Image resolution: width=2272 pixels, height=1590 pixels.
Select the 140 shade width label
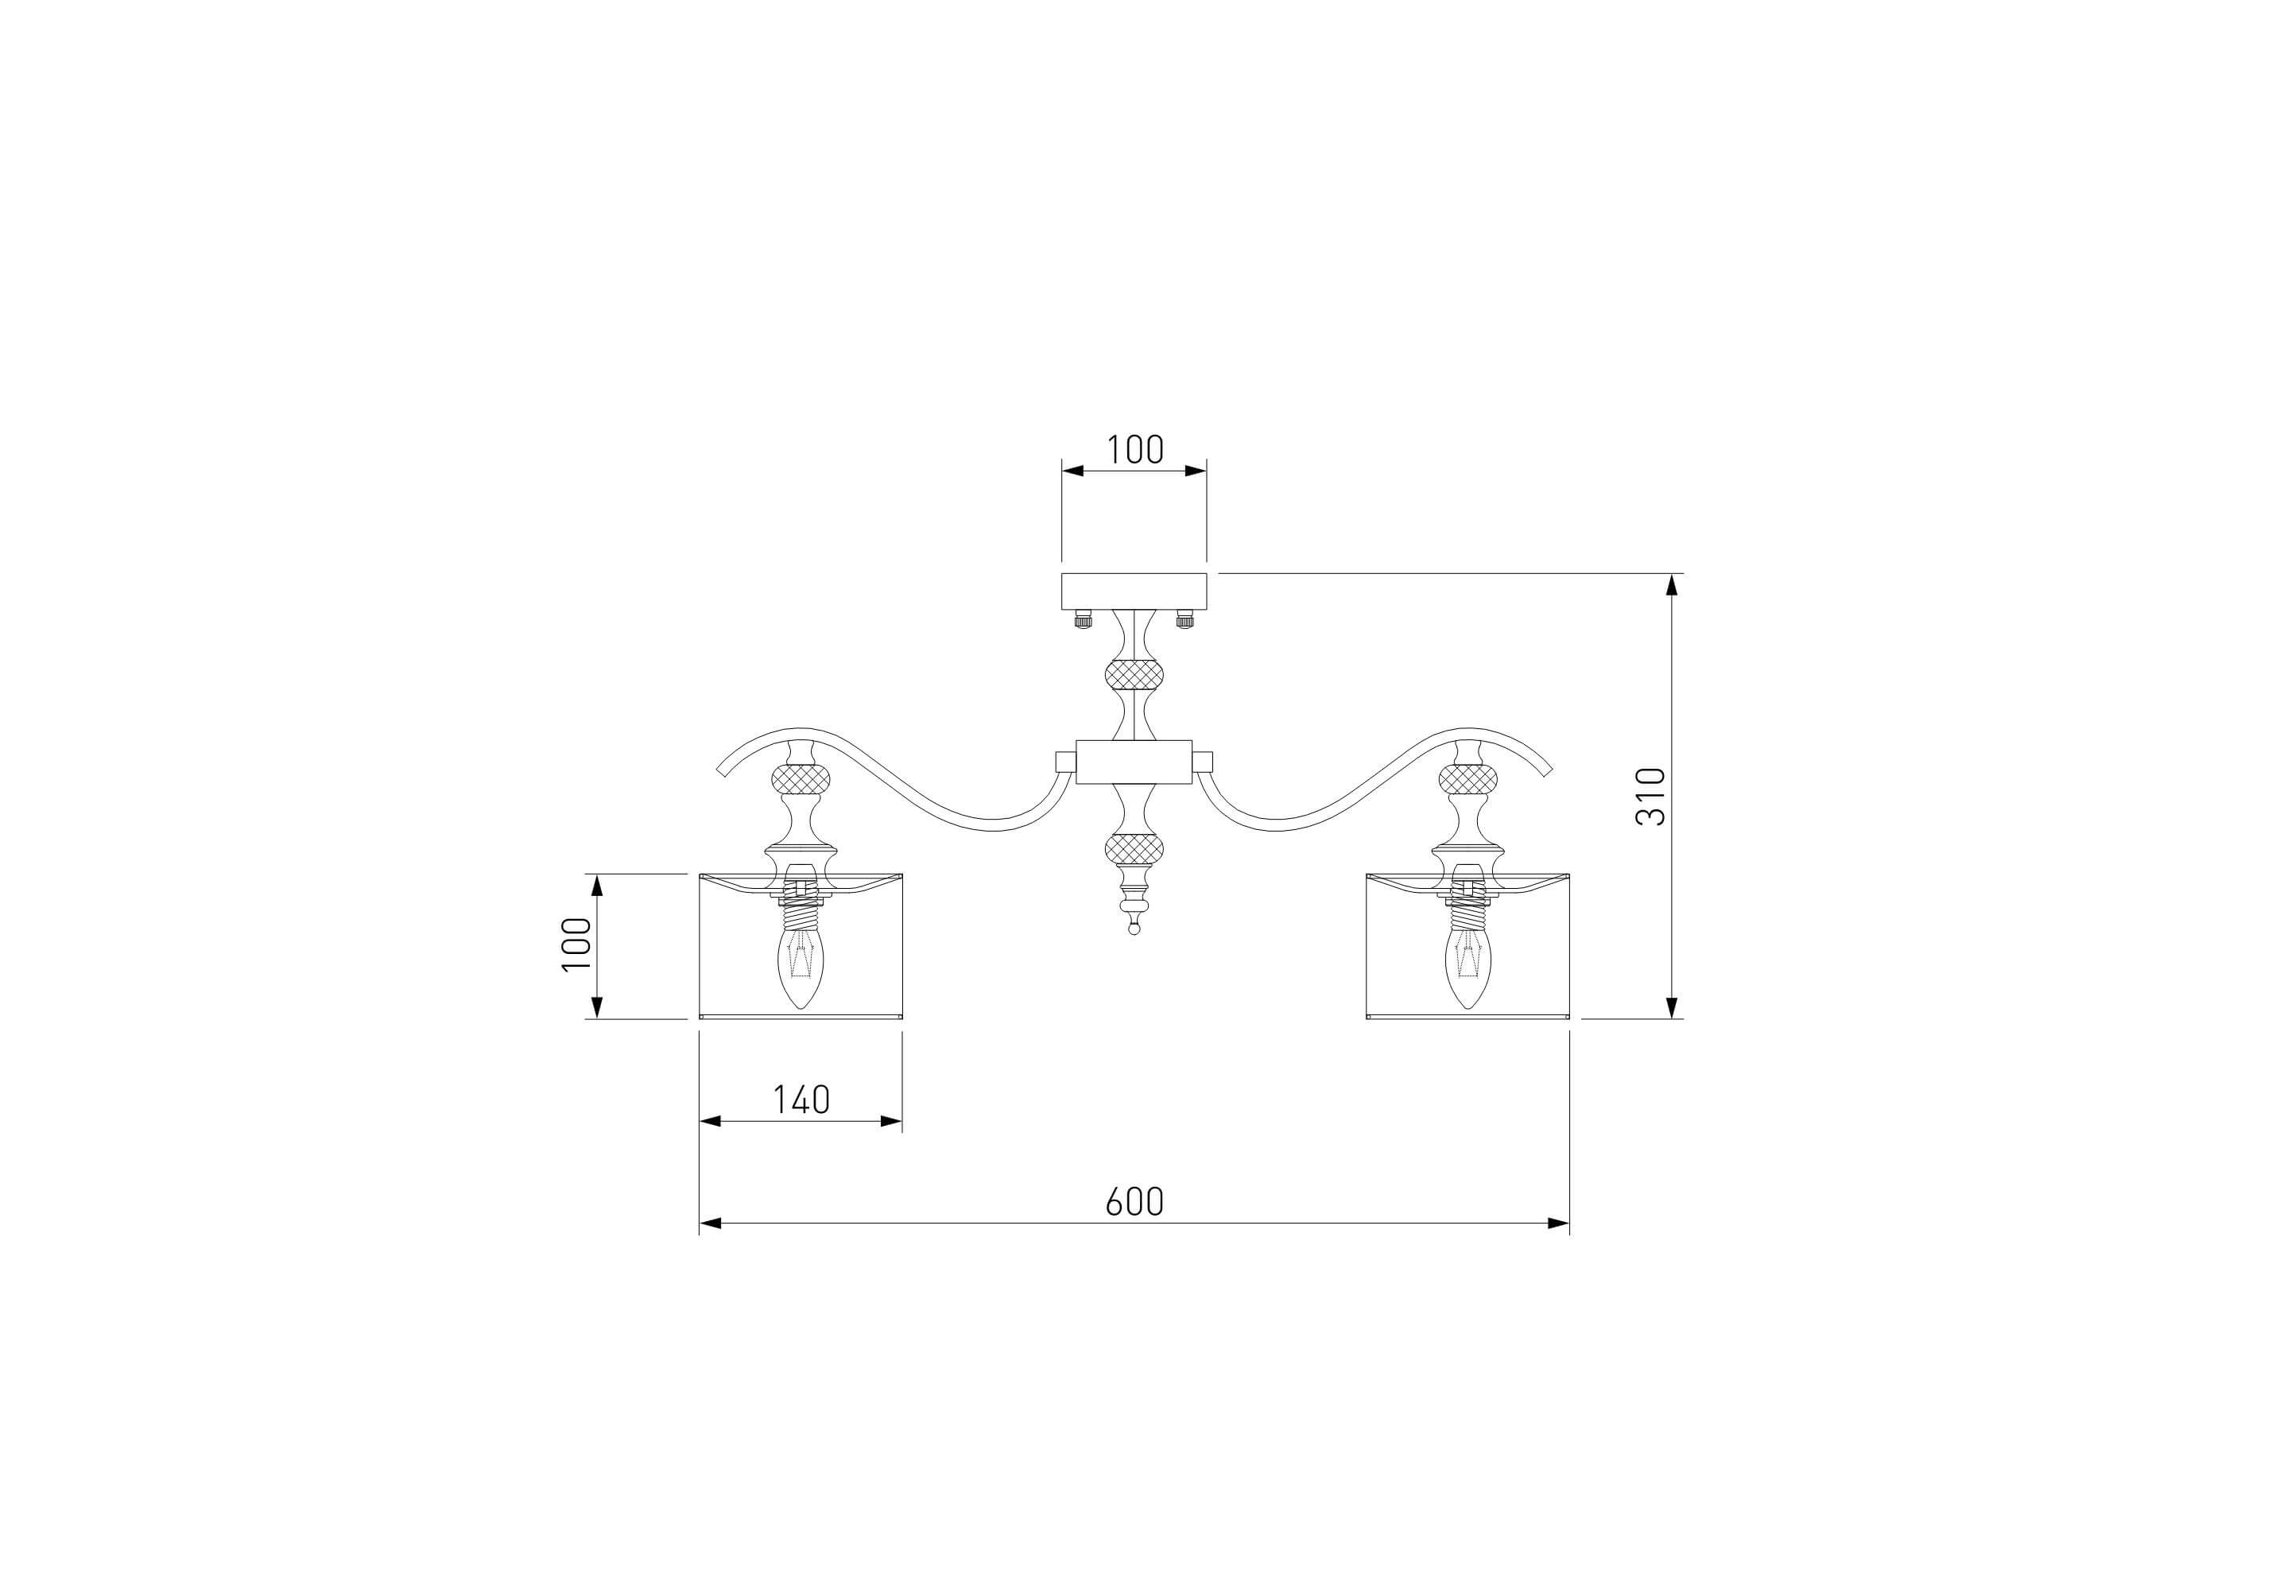pos(801,1099)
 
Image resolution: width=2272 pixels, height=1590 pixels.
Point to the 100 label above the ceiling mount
pos(1134,450)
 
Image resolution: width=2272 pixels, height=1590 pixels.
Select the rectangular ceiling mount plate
pos(1134,591)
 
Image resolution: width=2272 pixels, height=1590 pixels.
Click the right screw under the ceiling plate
pos(1184,619)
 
